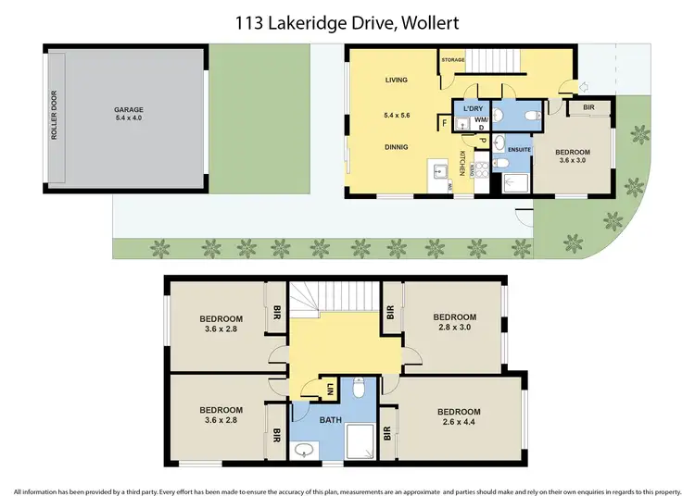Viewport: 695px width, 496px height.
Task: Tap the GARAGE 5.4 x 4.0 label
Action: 129,114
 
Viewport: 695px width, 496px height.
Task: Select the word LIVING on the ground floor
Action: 397,81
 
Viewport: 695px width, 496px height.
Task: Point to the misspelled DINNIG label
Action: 397,146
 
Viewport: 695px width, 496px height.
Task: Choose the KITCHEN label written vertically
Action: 461,162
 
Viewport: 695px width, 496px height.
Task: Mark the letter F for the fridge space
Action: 446,122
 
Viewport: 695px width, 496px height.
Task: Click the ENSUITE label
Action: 520,148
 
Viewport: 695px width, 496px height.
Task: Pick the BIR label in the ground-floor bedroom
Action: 589,107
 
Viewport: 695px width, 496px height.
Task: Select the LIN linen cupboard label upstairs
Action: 331,391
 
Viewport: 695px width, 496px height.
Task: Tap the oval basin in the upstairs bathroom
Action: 303,452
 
